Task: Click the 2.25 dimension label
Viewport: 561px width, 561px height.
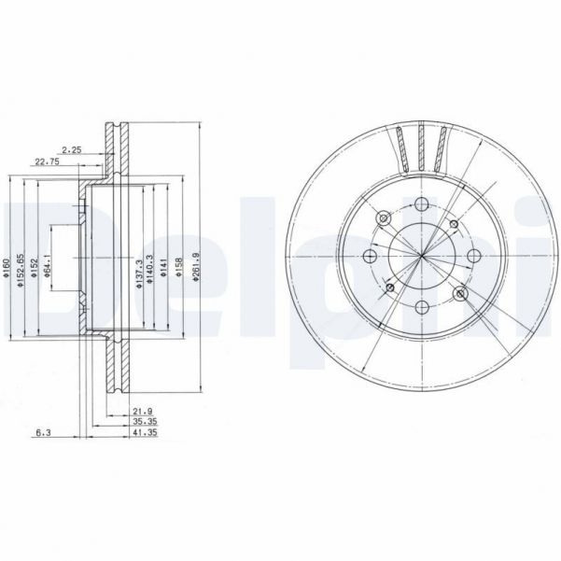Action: [70, 149]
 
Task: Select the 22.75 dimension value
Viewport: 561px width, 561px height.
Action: [46, 161]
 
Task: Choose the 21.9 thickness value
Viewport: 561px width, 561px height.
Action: [142, 411]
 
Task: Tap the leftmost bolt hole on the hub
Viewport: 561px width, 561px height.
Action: [369, 257]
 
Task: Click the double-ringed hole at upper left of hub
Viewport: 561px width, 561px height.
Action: [384, 218]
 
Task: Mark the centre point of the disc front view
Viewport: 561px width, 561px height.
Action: [421, 257]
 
